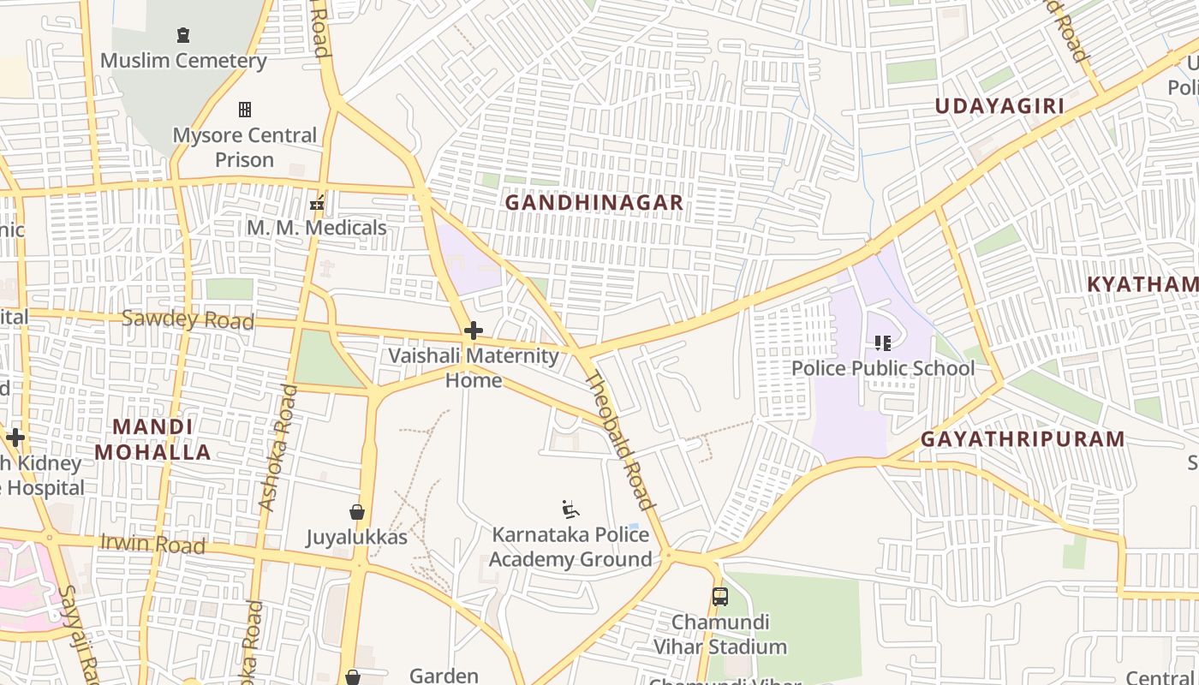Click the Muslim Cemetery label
coord(183,61)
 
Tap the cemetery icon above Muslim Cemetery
coord(182,35)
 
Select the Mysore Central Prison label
coord(245,147)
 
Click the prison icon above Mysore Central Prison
coord(245,110)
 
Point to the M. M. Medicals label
coord(317,228)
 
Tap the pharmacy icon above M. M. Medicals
coord(317,203)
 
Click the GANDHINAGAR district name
coord(594,203)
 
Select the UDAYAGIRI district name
coord(999,106)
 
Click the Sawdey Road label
coord(188,320)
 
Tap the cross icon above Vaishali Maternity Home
coord(473,331)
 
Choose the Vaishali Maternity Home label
coord(474,367)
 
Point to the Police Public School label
coord(883,368)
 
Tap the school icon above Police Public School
coord(883,343)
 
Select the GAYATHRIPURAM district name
coord(1023,439)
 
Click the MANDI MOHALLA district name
coord(152,439)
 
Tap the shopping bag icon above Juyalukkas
coord(357,512)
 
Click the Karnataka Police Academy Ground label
coord(570,547)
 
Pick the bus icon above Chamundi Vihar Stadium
coord(720,596)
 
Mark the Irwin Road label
coord(152,544)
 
